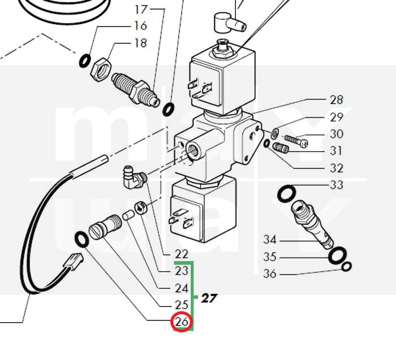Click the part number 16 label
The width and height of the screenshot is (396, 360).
(140, 25)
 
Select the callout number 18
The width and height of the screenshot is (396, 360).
(140, 43)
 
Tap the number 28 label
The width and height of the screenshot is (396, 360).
(337, 100)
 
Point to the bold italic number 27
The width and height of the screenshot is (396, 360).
(209, 298)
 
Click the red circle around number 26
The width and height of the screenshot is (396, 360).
(182, 322)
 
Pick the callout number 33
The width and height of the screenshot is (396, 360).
(337, 185)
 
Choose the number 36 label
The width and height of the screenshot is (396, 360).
(270, 275)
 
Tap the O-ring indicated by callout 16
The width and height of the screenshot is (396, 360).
(84, 59)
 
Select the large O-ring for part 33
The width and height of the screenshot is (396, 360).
(286, 194)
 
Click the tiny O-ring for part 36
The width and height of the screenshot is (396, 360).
(347, 266)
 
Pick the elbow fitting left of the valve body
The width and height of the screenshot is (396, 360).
(134, 176)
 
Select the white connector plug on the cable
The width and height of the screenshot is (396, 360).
(73, 263)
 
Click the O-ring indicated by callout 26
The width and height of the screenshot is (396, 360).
(81, 238)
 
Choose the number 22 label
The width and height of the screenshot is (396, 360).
(182, 255)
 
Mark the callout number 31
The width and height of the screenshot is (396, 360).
(337, 151)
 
